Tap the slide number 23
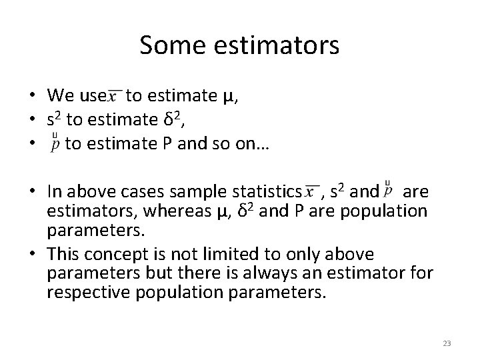447,343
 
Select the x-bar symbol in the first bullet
115,97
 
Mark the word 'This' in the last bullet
64,253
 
